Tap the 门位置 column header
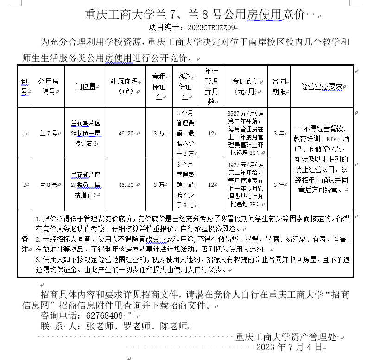pos(86,86)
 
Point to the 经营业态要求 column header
pos(322,86)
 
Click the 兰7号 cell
pos(48,133)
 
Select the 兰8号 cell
pos(48,185)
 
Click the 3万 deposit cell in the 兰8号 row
pos(159,185)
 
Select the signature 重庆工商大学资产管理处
pos(285,337)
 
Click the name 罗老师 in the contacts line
pos(134,326)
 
